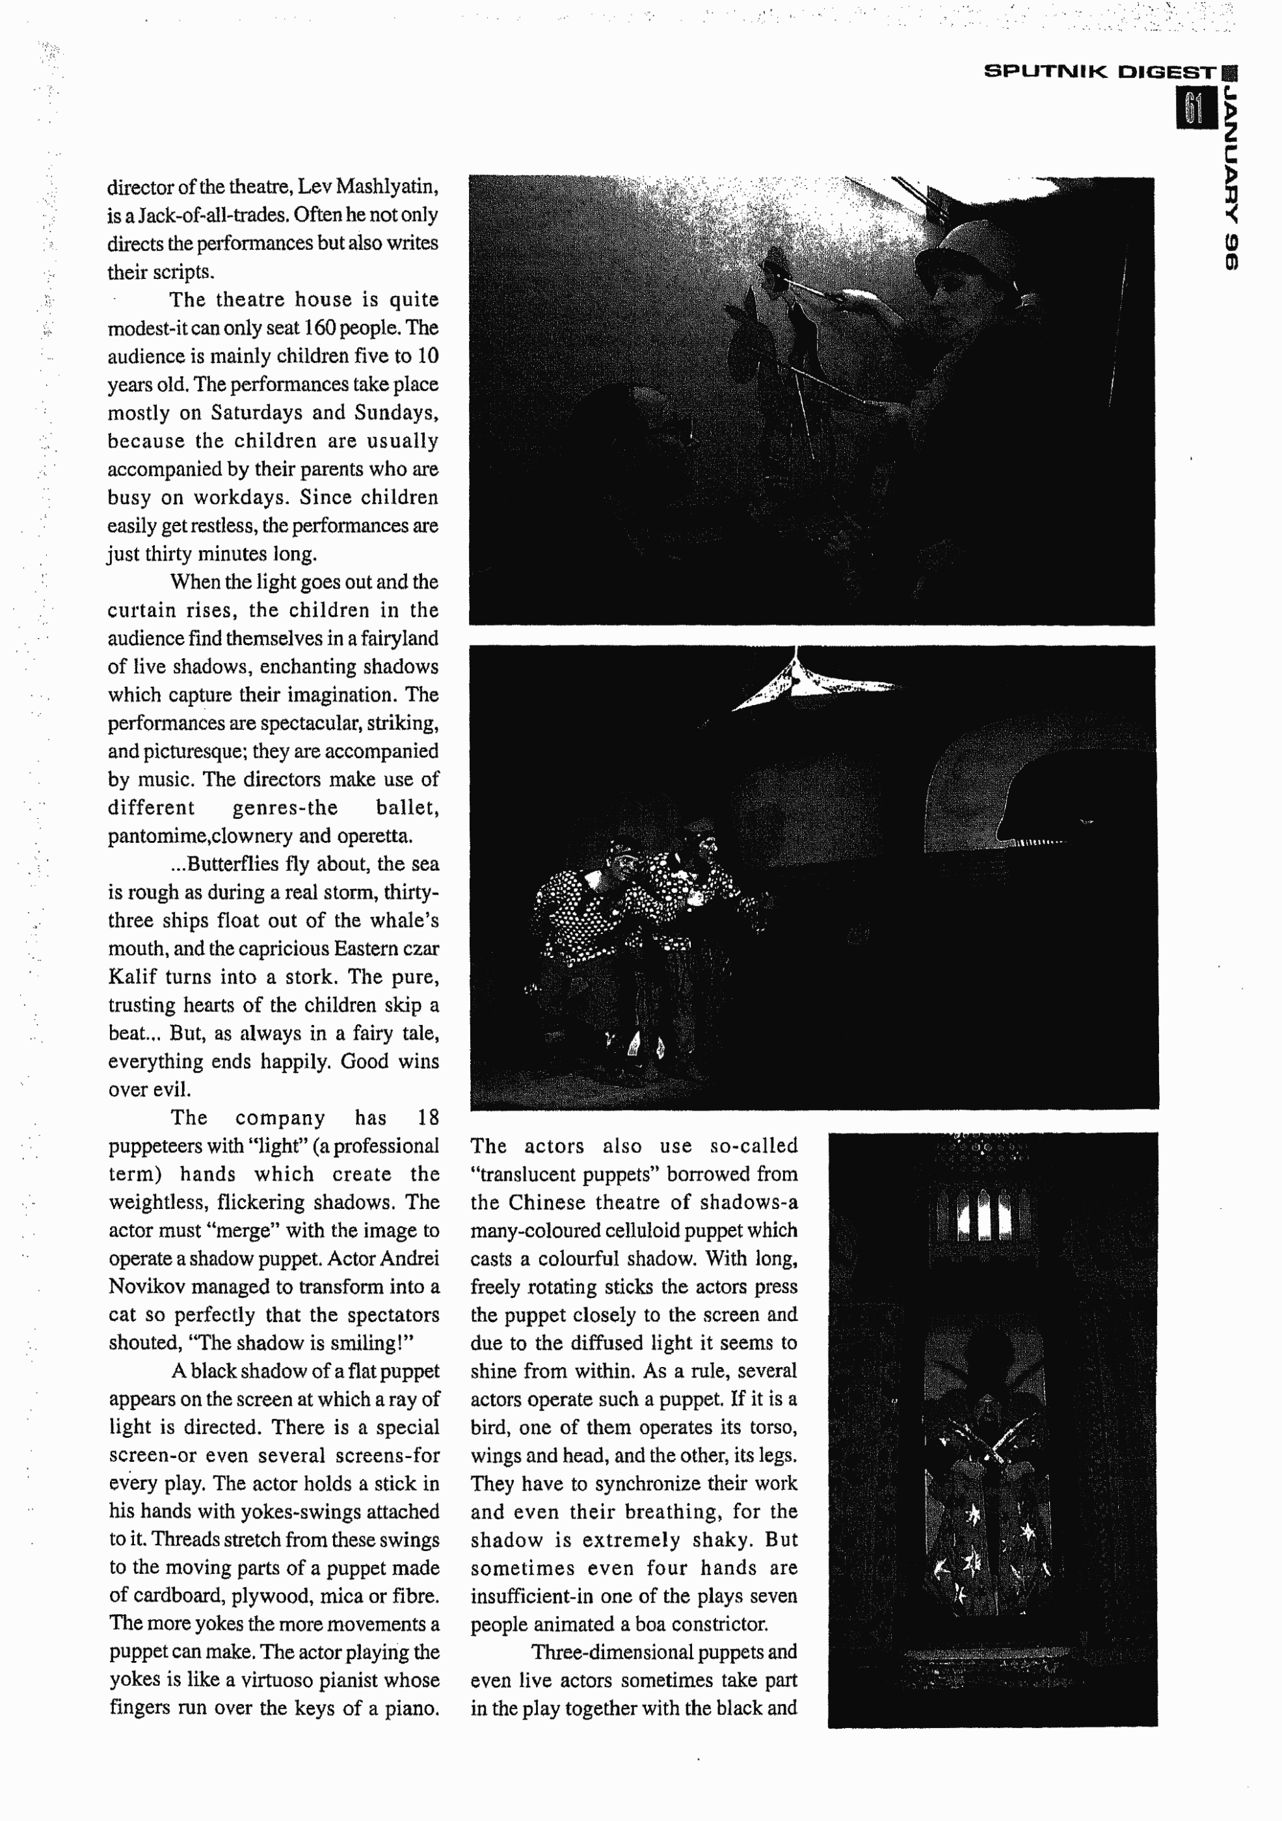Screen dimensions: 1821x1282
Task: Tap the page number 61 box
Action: point(1195,109)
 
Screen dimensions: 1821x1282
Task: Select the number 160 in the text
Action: point(320,328)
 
